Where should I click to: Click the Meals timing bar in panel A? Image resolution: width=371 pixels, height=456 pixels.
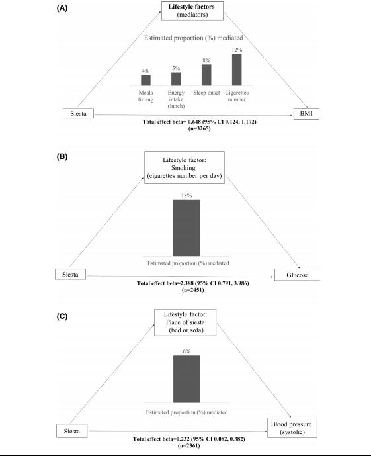[x=145, y=80]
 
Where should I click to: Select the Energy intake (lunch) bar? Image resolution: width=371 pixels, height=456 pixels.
[x=176, y=79]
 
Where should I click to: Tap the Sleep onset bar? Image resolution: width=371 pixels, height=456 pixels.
[x=206, y=75]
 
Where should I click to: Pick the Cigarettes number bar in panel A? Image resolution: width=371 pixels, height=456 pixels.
[x=237, y=69]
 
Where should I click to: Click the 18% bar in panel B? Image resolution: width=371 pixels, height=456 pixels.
[x=186, y=228]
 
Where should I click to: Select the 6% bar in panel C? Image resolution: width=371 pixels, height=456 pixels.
[x=186, y=379]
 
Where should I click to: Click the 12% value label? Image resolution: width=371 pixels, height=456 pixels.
[x=237, y=50]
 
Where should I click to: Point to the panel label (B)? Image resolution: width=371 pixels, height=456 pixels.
[x=62, y=156]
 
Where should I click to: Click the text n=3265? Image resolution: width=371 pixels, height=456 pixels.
[x=199, y=128]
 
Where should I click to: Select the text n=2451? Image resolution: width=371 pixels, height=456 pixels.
[x=193, y=290]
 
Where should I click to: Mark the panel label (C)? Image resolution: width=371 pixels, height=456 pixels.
[x=62, y=316]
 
